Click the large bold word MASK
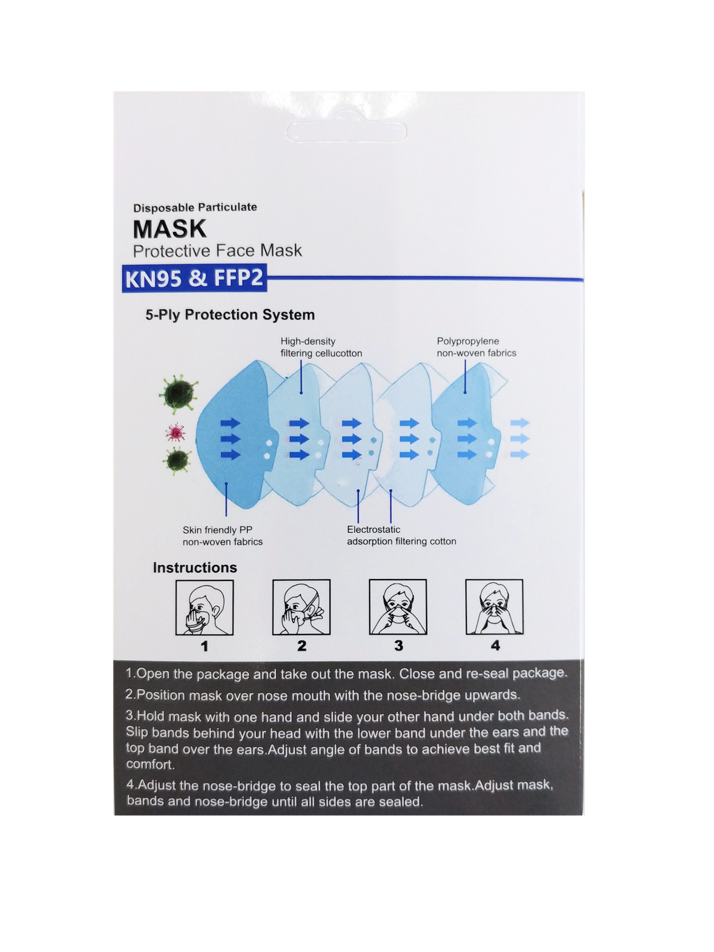170,229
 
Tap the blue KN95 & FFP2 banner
195,278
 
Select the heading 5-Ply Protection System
230,315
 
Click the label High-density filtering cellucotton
321,347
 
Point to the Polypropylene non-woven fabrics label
476,347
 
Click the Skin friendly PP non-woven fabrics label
222,536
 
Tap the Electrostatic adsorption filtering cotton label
402,535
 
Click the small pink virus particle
176,432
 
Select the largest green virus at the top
178,394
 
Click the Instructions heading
195,567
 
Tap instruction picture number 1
204,607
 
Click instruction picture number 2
301,607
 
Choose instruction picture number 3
398,607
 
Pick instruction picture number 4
494,607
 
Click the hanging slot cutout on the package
347,130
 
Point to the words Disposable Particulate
195,208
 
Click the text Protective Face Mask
217,250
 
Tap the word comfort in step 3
151,764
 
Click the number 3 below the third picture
399,646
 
